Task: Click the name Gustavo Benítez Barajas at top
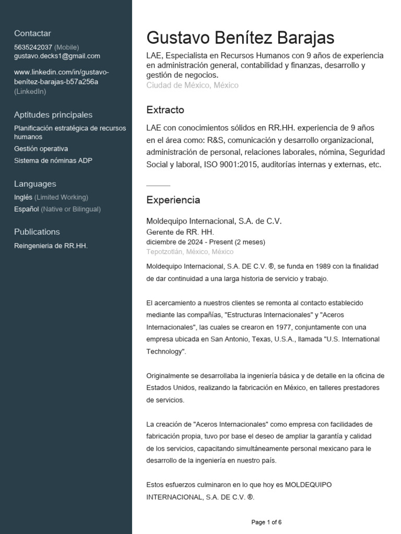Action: click(240, 38)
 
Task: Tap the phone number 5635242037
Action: click(33, 47)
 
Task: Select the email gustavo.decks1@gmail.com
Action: click(57, 56)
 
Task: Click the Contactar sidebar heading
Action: click(32, 33)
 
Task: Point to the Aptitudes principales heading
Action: click(53, 115)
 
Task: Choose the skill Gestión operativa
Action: click(41, 149)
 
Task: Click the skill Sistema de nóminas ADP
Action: click(53, 161)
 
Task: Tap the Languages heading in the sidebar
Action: click(35, 184)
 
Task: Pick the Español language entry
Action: click(27, 209)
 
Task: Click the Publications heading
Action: click(37, 232)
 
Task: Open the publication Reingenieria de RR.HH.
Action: click(51, 246)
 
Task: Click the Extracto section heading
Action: click(165, 110)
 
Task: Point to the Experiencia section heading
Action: click(173, 200)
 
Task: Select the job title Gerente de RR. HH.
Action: click(180, 232)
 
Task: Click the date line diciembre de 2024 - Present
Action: click(206, 242)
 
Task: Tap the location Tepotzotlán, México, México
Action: click(190, 251)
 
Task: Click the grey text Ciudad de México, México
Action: click(192, 85)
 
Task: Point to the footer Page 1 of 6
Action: click(266, 522)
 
